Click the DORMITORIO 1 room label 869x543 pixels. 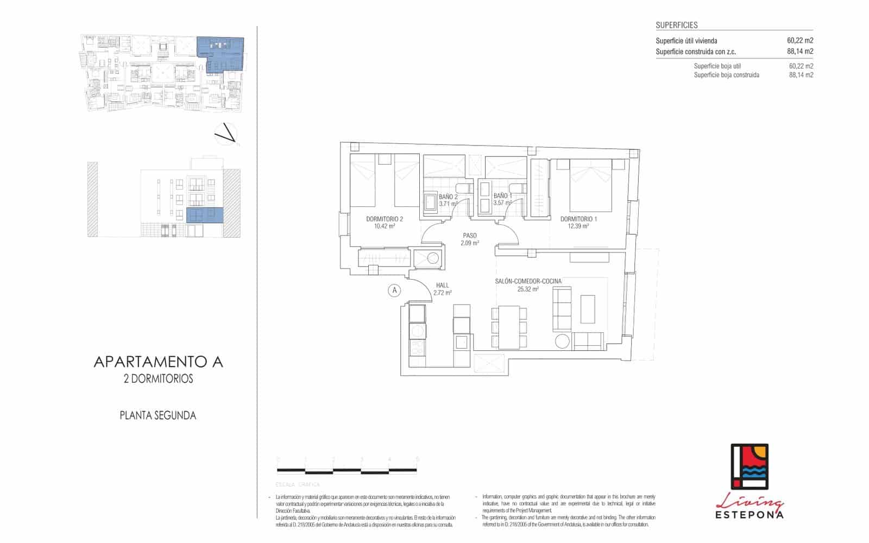578,219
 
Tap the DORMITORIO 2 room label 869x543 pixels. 384,219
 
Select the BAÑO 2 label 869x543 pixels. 448,196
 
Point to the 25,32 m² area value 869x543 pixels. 528,289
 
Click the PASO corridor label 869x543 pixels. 470,236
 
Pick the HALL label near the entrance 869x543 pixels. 442,285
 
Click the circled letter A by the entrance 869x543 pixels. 395,291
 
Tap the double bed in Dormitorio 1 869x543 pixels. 590,185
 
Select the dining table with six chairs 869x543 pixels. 509,327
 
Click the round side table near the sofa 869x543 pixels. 563,340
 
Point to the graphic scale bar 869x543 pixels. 348,470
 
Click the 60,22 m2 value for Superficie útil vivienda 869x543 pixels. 799,41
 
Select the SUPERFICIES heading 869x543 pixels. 676,25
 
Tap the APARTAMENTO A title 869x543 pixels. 158,362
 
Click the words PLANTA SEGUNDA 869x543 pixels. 158,415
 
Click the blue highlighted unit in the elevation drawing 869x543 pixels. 205,215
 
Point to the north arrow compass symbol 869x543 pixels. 226,134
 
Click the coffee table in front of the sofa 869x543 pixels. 588,309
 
